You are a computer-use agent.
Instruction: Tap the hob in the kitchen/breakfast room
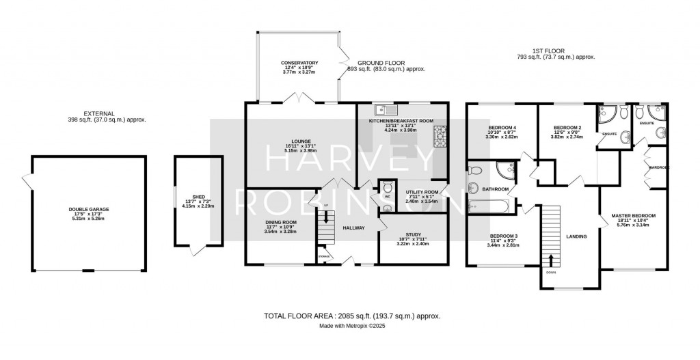point(437,137)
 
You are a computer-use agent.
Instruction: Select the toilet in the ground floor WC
point(388,186)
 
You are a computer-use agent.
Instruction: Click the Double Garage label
point(88,209)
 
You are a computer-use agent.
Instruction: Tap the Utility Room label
point(421,193)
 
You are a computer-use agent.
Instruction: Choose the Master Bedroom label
point(633,216)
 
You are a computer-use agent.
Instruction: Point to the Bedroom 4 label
point(502,128)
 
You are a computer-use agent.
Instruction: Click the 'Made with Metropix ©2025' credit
point(351,326)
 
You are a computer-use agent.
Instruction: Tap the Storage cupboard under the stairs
point(323,257)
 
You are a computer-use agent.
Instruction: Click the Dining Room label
point(280,222)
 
